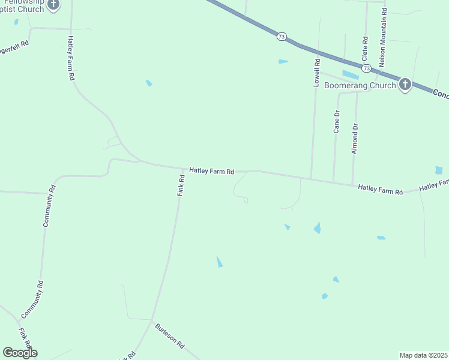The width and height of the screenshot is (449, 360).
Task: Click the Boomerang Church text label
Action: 360,85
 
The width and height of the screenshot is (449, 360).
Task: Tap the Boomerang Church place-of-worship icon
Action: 405,85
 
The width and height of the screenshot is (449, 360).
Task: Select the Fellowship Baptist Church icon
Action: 53,5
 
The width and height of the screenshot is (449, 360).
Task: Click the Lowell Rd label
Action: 316,73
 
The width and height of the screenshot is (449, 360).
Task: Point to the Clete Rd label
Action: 364,48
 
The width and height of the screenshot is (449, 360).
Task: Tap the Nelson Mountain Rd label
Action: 382,39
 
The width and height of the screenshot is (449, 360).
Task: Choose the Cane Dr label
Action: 337,121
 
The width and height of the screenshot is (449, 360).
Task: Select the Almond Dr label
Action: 355,139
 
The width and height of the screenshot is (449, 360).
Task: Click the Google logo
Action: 20,353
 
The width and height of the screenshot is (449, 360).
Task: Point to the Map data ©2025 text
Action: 423,355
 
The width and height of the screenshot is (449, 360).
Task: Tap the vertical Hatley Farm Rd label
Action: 70,58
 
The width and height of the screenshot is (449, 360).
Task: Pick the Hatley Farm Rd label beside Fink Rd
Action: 211,171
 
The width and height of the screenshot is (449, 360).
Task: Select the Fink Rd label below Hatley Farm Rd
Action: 181,186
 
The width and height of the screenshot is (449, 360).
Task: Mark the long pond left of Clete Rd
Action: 350,75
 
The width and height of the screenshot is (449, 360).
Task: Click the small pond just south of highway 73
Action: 283,61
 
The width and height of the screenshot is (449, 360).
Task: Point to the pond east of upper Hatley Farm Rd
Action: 149,83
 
